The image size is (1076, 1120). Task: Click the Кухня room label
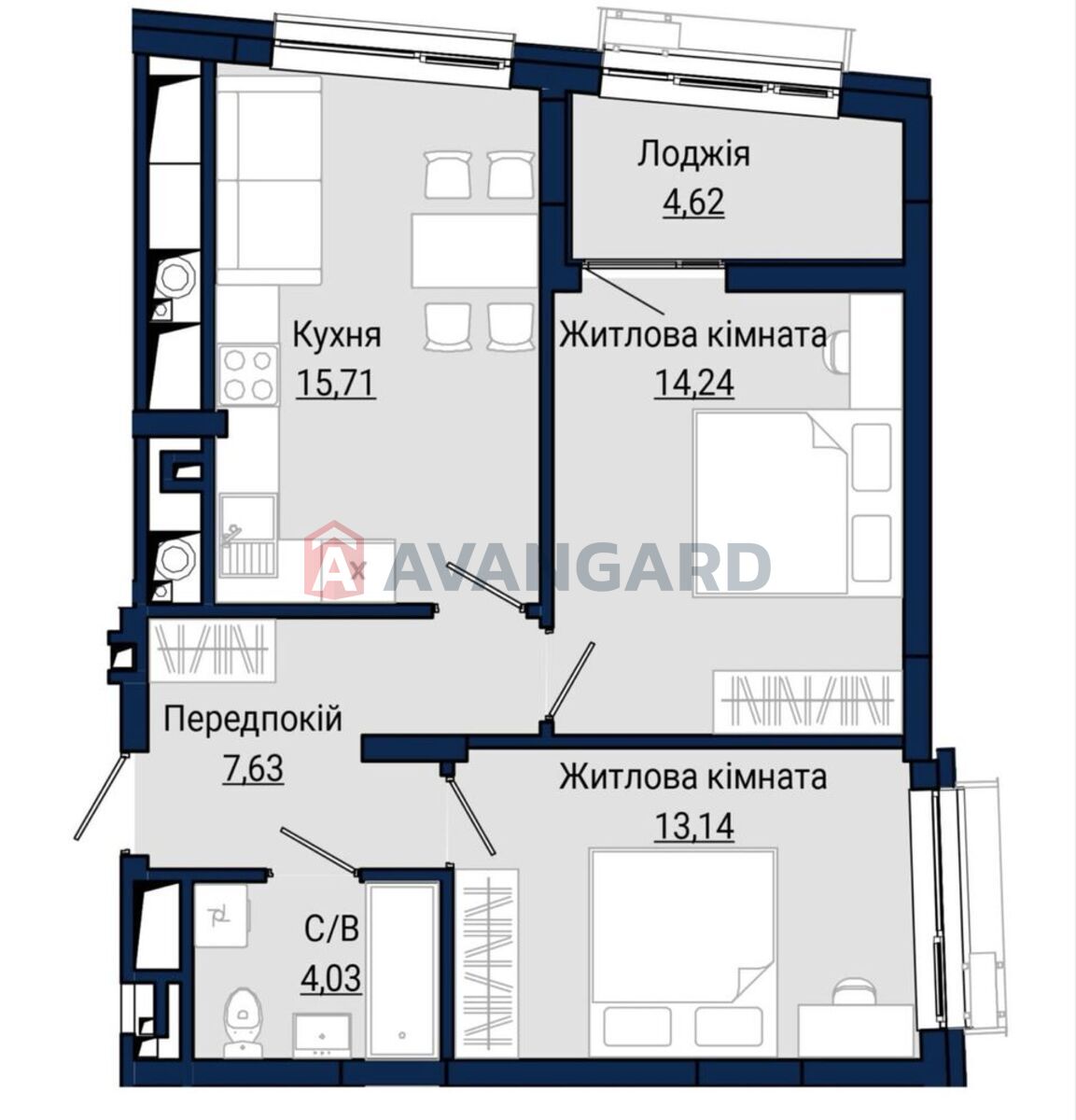[x=337, y=335]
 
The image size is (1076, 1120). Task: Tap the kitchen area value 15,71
[x=336, y=383]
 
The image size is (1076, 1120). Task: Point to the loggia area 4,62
[x=693, y=203]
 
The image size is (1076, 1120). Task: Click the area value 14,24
[x=694, y=383]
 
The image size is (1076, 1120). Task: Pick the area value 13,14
[x=694, y=827]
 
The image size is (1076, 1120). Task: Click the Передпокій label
[x=253, y=720]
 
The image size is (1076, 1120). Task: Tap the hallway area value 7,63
[x=253, y=768]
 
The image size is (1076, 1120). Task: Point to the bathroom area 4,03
[x=332, y=978]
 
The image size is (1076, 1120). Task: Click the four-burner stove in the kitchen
[x=248, y=375]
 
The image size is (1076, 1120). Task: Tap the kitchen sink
[x=248, y=535]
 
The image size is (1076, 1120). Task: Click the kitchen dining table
[x=474, y=251]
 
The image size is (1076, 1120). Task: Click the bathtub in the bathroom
[x=402, y=971]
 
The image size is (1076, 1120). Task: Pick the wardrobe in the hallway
[x=213, y=651]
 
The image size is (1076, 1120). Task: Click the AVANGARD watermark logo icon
[x=335, y=560]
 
